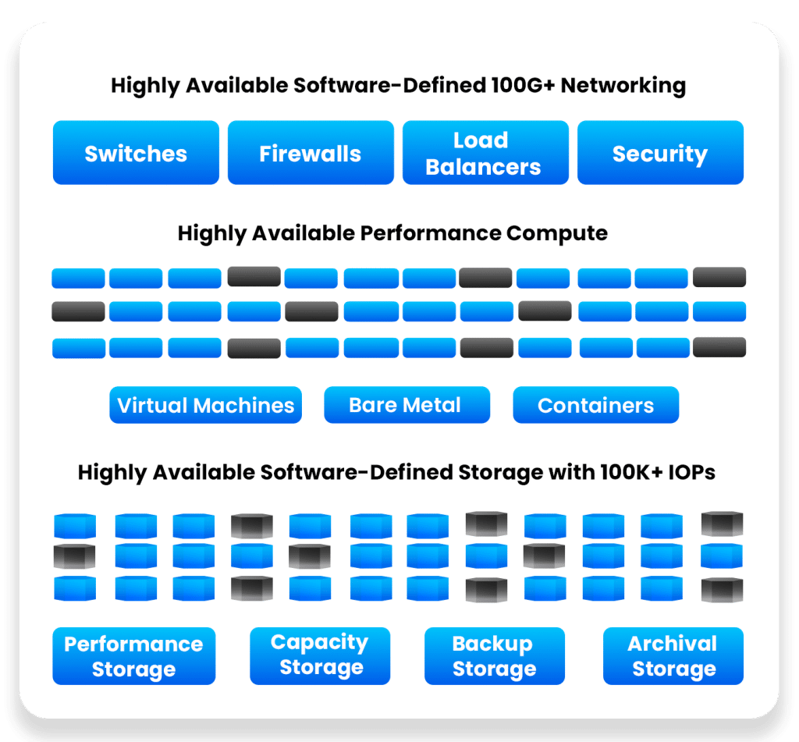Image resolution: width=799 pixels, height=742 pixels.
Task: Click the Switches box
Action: pos(136,153)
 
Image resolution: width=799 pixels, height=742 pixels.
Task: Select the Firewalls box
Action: pos(311,153)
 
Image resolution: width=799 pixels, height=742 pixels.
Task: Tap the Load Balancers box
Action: pos(485,153)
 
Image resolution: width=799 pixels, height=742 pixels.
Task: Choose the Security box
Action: pos(660,153)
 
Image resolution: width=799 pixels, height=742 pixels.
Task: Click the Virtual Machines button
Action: pos(205,405)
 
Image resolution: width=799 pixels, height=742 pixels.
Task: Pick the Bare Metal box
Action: pos(407,405)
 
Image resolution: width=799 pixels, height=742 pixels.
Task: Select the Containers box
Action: pos(595,405)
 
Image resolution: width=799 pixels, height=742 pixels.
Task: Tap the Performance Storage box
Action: pos(133,656)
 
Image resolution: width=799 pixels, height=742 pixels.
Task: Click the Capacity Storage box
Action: pos(320,655)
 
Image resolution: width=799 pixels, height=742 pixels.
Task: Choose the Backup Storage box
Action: pos(494,655)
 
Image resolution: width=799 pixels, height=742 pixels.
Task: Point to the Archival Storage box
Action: pos(673,655)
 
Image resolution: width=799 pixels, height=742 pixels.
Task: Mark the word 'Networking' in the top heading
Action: pos(623,85)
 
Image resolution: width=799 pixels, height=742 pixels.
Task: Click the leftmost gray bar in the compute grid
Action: pos(78,311)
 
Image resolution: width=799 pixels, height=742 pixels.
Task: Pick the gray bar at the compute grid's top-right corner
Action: pos(719,277)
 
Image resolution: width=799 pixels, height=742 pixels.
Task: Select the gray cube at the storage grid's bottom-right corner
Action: pos(722,589)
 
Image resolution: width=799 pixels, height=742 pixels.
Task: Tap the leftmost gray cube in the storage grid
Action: pos(75,556)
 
